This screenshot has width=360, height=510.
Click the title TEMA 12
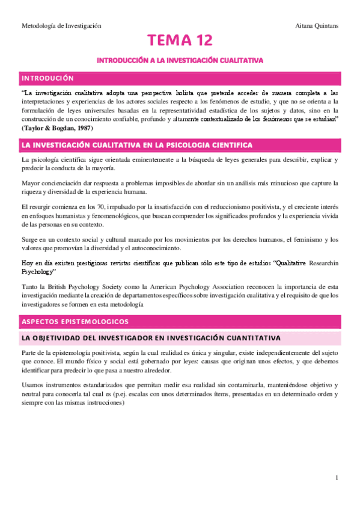(180, 41)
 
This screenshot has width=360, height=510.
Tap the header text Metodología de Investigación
(61, 26)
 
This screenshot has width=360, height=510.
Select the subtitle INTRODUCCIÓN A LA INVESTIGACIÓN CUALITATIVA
(180, 61)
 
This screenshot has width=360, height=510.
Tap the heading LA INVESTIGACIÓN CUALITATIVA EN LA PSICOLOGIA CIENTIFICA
(137, 146)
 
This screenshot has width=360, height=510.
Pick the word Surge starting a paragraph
(29, 239)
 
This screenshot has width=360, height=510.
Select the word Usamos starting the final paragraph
(32, 385)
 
